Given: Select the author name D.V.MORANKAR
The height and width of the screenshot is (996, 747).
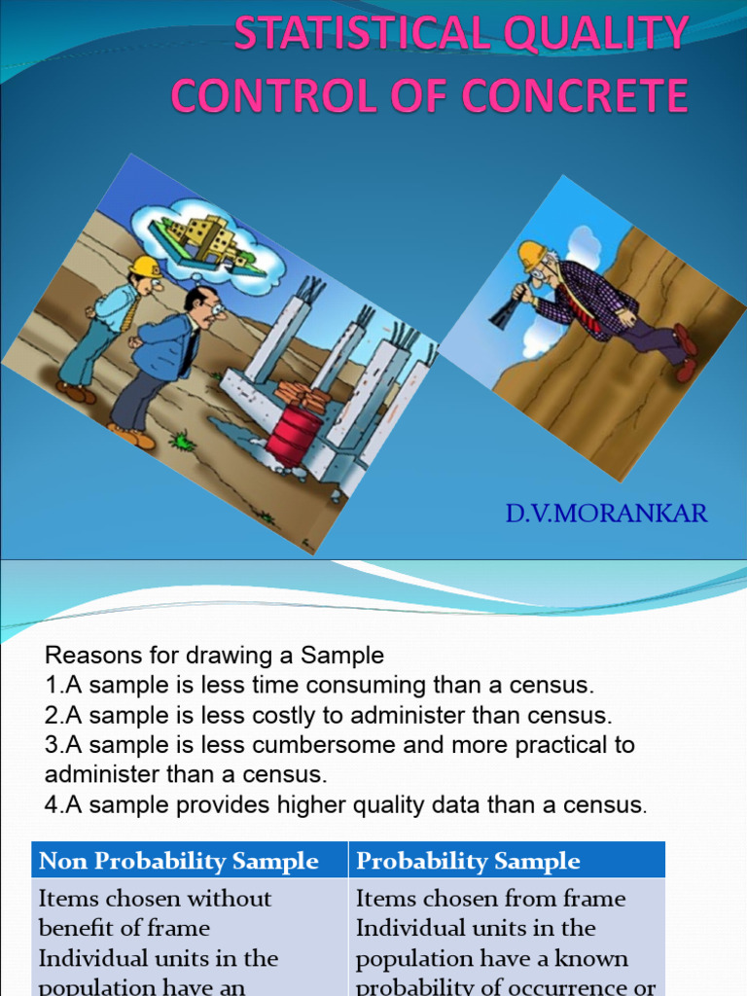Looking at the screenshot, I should pos(606,513).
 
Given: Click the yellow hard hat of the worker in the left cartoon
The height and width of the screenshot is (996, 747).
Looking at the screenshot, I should pos(145,267).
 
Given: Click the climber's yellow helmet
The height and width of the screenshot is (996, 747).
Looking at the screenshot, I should pos(531,255).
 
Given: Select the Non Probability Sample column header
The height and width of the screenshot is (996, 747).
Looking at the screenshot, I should pos(179,861).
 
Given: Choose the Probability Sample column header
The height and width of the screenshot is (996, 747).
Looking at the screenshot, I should pos(468,861).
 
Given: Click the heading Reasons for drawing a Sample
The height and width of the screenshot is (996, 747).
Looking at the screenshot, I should pos(215,655).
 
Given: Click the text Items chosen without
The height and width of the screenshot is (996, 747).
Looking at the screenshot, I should pos(156,898).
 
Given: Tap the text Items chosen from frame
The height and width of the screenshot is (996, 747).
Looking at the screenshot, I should pos(490,898).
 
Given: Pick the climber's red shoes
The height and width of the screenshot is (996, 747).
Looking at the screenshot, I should pos(685,351).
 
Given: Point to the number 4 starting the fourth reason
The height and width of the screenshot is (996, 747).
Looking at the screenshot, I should pos(51,805).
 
